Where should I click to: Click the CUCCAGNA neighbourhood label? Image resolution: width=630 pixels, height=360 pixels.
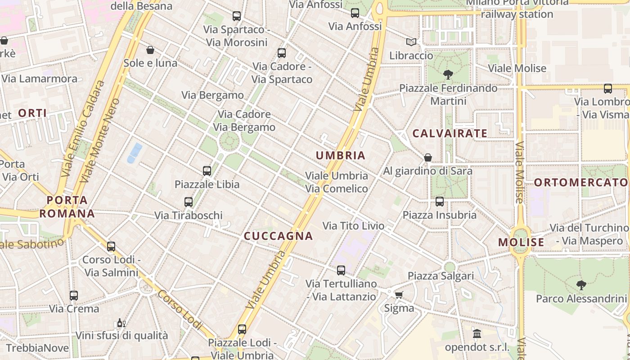pos(278,236)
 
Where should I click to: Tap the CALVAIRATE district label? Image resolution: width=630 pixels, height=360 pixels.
pos(450,133)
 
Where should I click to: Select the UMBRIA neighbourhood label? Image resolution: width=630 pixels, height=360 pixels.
pos(341,156)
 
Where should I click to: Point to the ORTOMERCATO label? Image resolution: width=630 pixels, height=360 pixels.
pos(580,182)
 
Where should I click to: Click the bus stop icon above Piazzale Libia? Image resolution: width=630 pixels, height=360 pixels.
pos(207,171)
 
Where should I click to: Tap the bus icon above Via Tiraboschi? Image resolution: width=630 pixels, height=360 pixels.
pos(189,202)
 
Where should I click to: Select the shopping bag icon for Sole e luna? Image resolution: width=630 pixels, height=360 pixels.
pos(150,50)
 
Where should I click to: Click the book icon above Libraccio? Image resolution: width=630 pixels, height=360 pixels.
pos(411,42)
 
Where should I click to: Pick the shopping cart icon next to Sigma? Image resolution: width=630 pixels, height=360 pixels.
pos(399,295)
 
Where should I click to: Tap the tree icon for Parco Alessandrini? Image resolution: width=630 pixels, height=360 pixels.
pos(581,285)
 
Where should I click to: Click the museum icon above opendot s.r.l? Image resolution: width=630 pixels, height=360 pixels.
pos(477,334)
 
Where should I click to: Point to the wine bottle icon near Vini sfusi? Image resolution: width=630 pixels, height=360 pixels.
pos(121,323)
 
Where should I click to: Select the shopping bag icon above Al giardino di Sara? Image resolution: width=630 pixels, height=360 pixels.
pos(428,157)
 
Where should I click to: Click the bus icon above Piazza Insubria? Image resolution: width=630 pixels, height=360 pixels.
pos(440,202)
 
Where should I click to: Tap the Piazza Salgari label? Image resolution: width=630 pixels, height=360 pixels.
pos(441,275)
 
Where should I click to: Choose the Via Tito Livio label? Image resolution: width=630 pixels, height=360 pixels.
pos(354,225)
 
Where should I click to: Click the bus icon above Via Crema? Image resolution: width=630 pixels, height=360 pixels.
pos(74,296)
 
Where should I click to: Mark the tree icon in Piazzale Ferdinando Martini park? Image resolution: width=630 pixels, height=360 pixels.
pos(448,75)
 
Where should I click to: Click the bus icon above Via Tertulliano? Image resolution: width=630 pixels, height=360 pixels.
pos(341,270)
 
